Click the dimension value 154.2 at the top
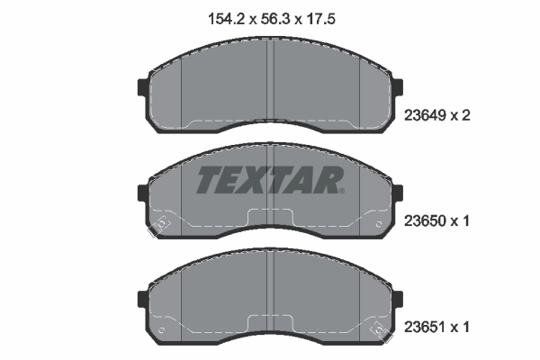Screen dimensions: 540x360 [x=226, y=19]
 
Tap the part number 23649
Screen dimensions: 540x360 [x=425, y=115]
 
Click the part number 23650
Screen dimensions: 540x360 [x=425, y=220]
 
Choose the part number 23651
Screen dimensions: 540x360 [x=425, y=327]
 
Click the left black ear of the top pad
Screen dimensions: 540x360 [x=142, y=87]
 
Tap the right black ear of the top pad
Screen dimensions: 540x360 [x=398, y=87]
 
